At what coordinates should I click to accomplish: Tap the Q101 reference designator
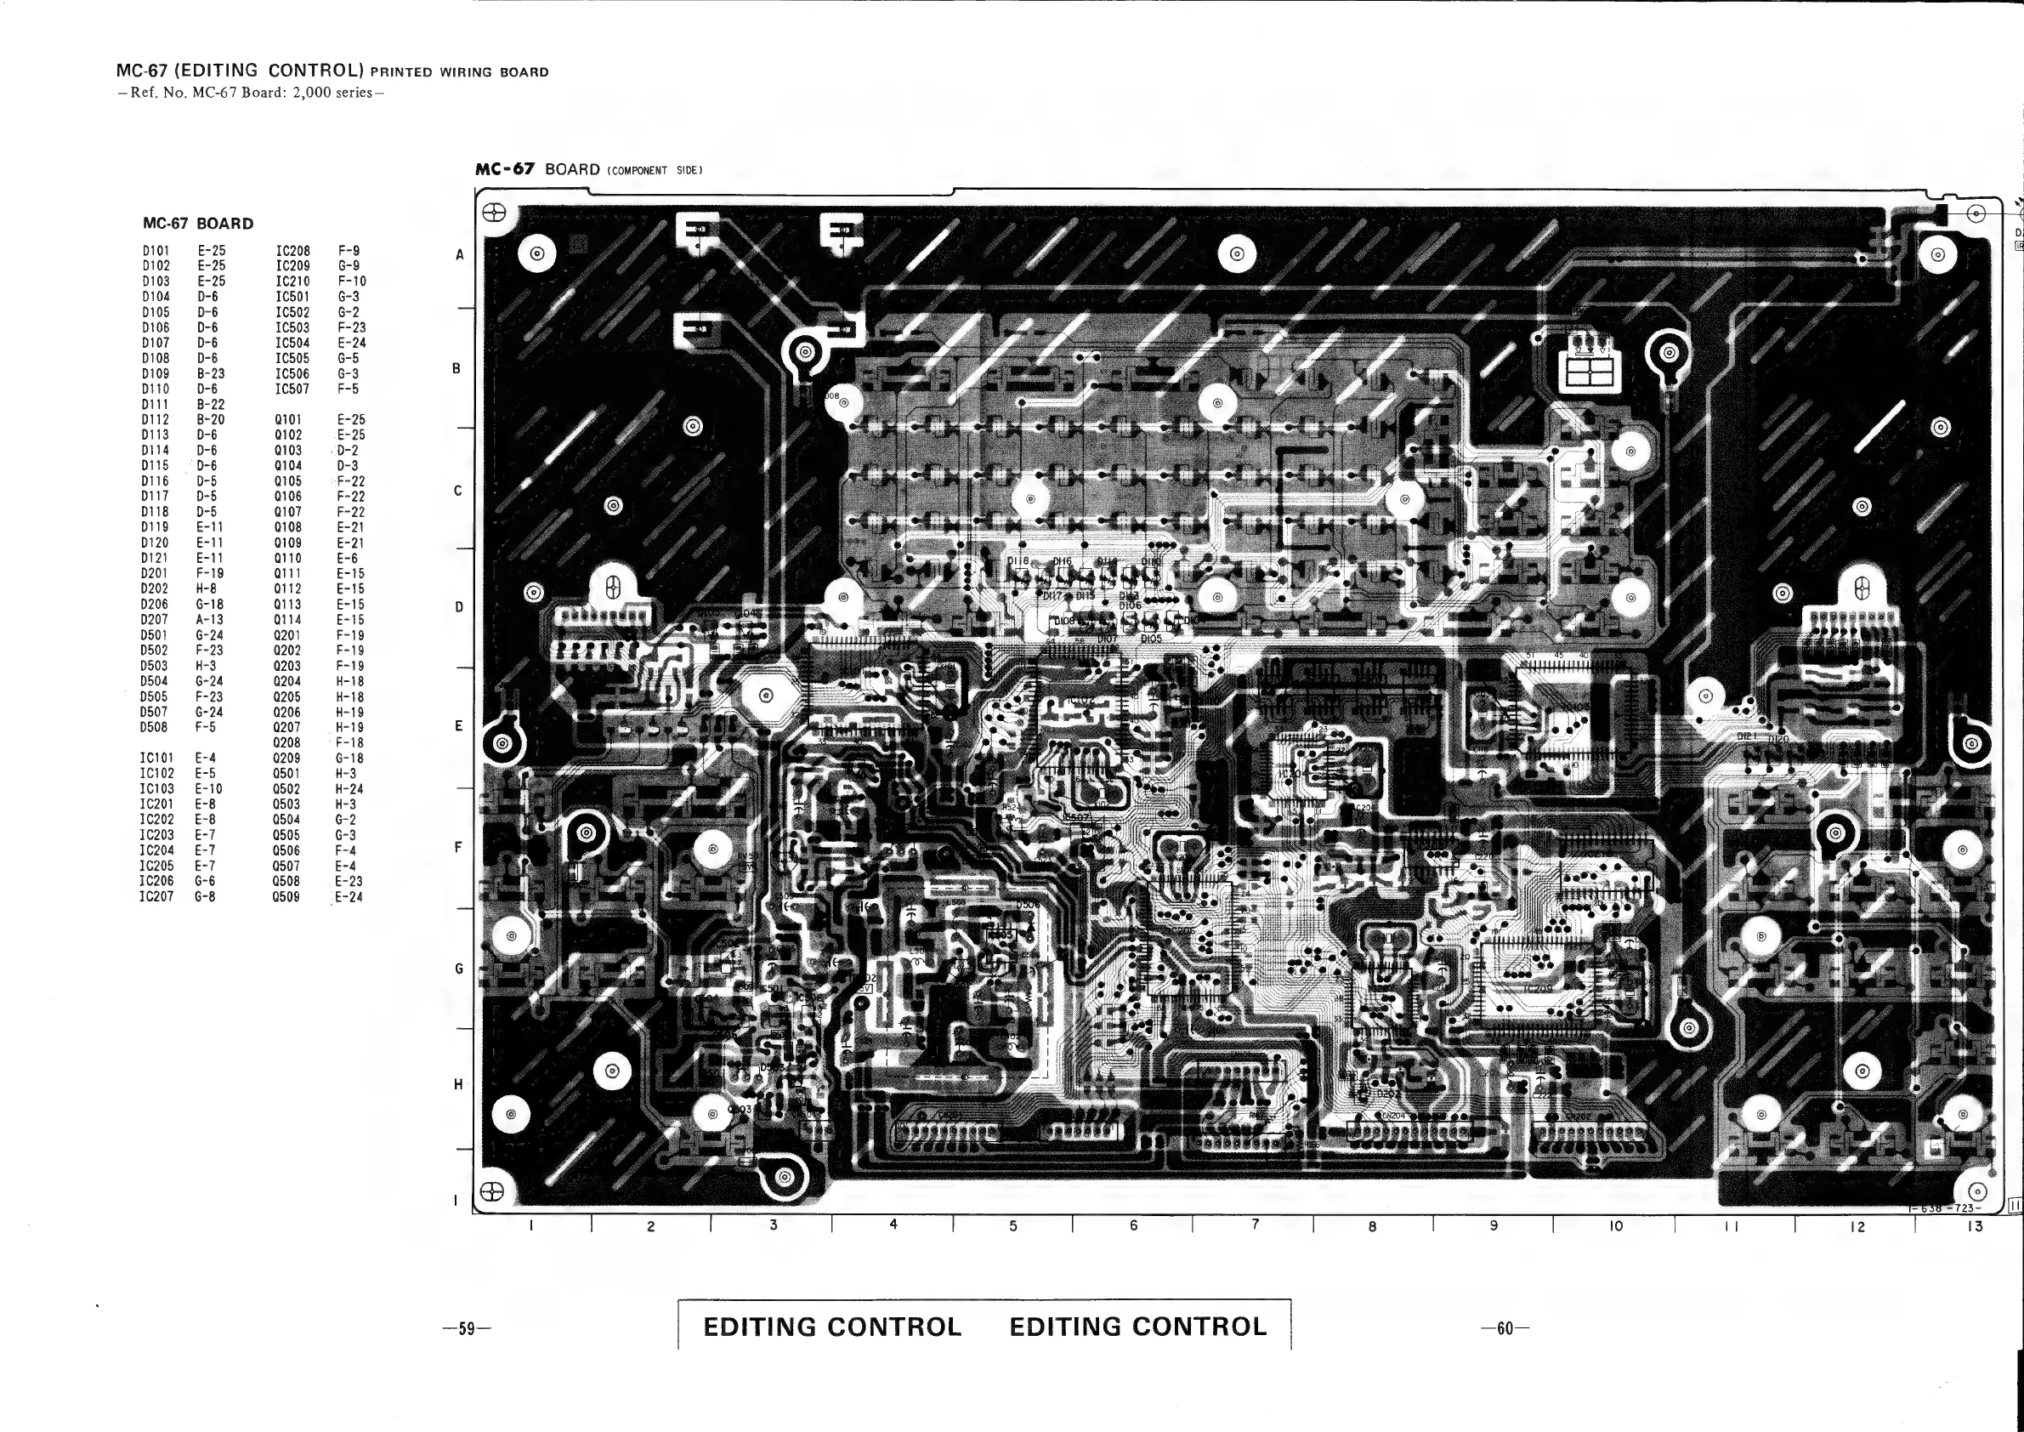(x=288, y=420)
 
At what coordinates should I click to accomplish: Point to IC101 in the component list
(x=156, y=759)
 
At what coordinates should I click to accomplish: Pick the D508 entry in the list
(x=153, y=727)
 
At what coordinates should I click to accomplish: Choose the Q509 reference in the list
(x=286, y=898)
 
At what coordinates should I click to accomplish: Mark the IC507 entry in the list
(x=292, y=389)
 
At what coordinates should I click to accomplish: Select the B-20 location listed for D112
(x=211, y=420)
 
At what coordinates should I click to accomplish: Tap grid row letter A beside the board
(x=459, y=256)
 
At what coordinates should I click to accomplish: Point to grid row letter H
(x=458, y=1084)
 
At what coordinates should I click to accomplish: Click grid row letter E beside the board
(x=458, y=726)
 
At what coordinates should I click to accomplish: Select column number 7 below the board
(x=1256, y=1224)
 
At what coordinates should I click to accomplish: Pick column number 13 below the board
(x=1975, y=1225)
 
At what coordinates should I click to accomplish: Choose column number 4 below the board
(x=893, y=1224)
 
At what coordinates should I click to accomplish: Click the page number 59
(x=468, y=1329)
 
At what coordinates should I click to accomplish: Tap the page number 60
(x=1505, y=1328)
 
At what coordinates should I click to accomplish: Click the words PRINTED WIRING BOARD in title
(x=459, y=72)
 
